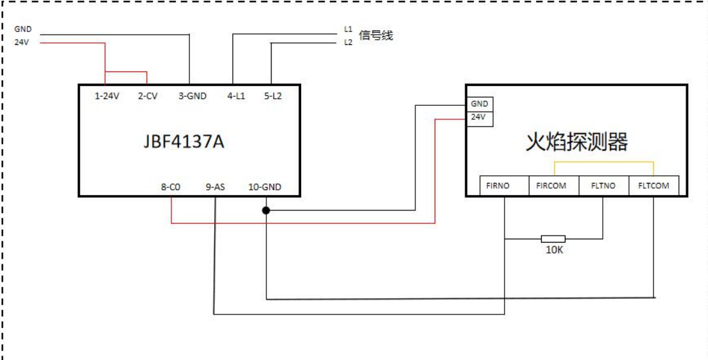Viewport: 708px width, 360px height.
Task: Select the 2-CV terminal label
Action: pyautogui.click(x=148, y=96)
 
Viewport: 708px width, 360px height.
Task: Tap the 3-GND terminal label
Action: pyautogui.click(x=192, y=96)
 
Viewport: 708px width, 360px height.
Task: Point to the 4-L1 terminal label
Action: pyautogui.click(x=236, y=96)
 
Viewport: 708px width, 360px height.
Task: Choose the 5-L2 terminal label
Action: pyautogui.click(x=273, y=96)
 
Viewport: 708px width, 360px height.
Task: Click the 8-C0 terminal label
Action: pyautogui.click(x=171, y=187)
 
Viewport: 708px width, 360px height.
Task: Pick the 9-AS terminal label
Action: pyautogui.click(x=216, y=187)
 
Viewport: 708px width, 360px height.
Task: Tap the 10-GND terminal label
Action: pyautogui.click(x=264, y=187)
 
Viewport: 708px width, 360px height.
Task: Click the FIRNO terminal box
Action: pyautogui.click(x=505, y=185)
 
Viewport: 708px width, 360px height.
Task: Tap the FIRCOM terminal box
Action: pyautogui.click(x=554, y=185)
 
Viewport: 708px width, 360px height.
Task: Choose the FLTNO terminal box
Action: pyautogui.click(x=603, y=185)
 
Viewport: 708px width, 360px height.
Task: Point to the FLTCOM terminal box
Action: pyautogui.click(x=653, y=185)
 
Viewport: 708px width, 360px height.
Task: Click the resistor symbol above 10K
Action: pyautogui.click(x=553, y=239)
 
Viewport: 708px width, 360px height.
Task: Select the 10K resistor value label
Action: pyautogui.click(x=553, y=250)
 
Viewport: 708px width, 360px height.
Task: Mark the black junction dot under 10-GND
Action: pyautogui.click(x=265, y=210)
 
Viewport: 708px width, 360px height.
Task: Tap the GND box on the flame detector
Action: pyautogui.click(x=479, y=104)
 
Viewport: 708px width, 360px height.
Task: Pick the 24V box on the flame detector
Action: pyautogui.click(x=479, y=117)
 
